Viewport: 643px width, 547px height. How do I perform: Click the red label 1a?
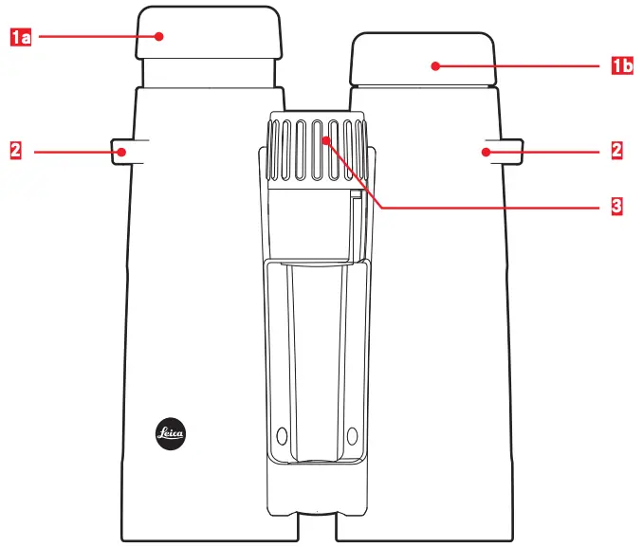pos(19,37)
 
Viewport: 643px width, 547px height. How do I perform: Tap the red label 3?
pos(616,205)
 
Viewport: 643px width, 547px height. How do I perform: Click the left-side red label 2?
pos(15,150)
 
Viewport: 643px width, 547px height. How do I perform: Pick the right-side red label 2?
pos(616,150)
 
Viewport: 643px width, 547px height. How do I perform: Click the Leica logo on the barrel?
pos(171,435)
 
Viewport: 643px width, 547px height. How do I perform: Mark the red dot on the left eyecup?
pos(161,37)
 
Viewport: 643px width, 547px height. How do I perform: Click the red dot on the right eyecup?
pos(434,66)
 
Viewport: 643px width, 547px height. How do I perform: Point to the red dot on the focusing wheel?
pos(324,140)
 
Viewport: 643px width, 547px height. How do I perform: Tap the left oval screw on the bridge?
pos(280,436)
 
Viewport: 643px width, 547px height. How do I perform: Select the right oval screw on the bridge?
pos(352,436)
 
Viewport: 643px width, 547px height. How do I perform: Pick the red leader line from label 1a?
pos(95,37)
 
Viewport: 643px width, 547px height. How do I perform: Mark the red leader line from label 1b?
pos(522,66)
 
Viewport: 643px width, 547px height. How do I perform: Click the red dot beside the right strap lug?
pos(485,151)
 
